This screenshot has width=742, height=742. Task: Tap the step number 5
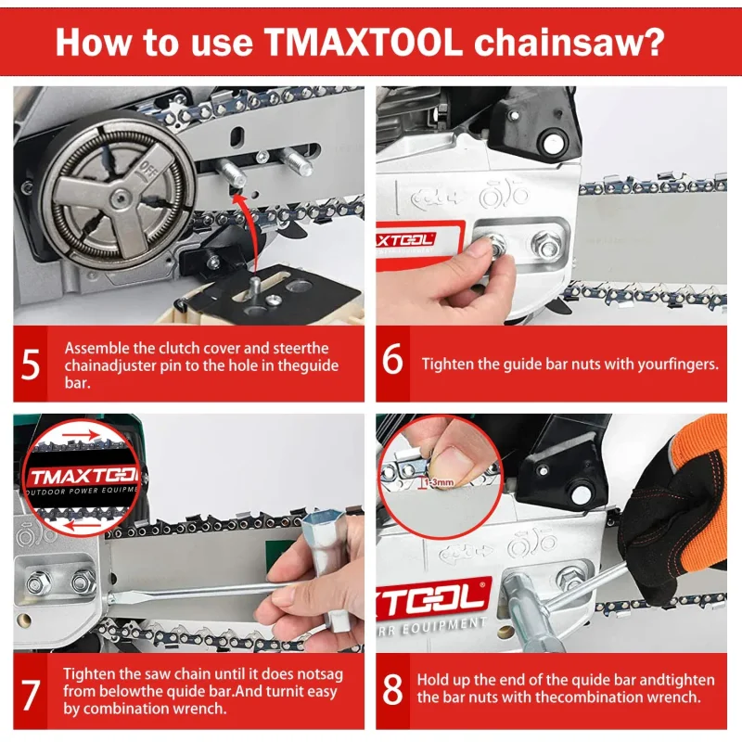(x=31, y=364)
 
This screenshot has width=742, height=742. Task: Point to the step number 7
(x=31, y=692)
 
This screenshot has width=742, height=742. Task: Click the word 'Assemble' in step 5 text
(x=96, y=348)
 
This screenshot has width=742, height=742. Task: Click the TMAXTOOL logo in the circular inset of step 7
(x=82, y=477)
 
